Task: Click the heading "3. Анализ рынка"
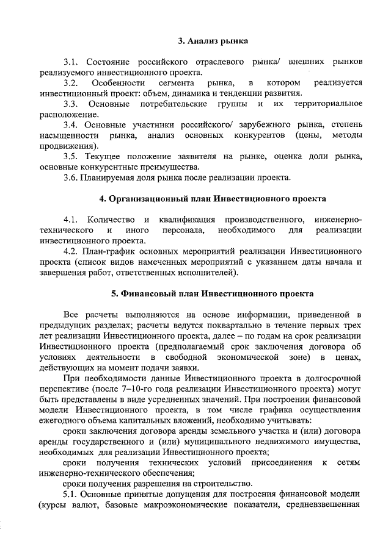[213, 41]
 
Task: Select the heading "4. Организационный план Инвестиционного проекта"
[213, 199]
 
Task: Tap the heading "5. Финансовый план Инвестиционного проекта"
[213, 293]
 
